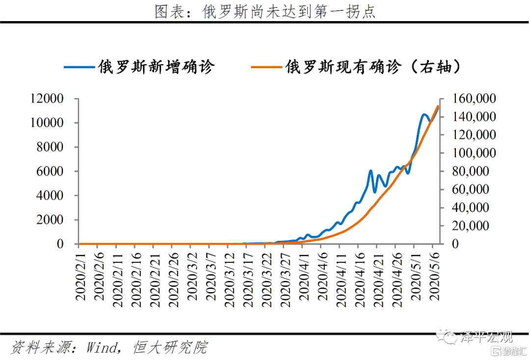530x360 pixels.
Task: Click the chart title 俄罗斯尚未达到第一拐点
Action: [x=265, y=11]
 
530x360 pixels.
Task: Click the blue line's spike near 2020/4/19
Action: [x=371, y=171]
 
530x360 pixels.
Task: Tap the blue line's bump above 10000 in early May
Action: [x=424, y=115]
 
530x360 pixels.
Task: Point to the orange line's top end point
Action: [x=437, y=106]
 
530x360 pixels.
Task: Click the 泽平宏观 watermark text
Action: [x=486, y=337]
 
